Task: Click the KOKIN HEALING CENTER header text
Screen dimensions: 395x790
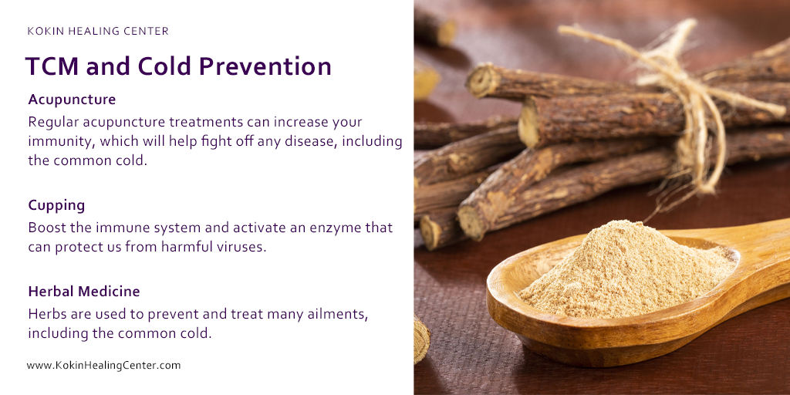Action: click(x=98, y=32)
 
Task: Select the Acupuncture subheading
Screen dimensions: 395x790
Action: click(x=72, y=100)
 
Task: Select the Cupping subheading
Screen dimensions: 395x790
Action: click(x=56, y=205)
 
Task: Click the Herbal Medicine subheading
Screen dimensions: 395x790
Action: click(x=83, y=292)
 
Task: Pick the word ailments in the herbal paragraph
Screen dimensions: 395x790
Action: click(x=322, y=314)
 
